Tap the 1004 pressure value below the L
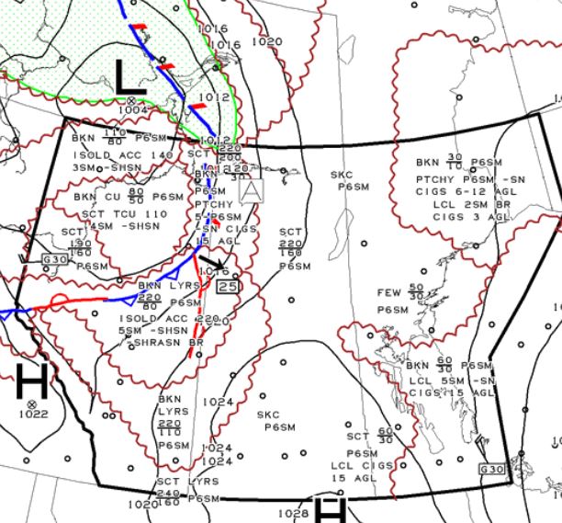[x=132, y=110]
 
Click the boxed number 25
[x=230, y=288]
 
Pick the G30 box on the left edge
[x=55, y=260]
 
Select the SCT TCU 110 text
[x=123, y=213]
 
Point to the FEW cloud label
[x=390, y=293]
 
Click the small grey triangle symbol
[x=249, y=191]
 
